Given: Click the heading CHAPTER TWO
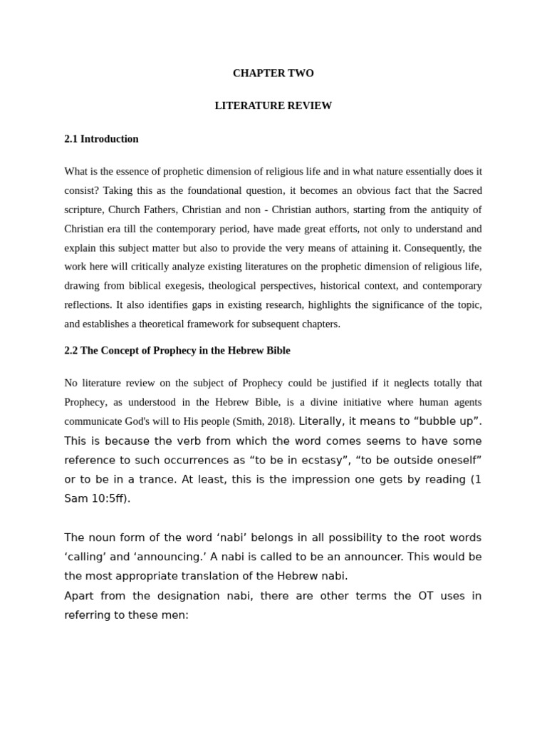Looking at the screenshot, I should (273, 73).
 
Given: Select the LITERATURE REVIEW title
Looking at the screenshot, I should (273, 106).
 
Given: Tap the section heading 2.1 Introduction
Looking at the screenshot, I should (101, 139).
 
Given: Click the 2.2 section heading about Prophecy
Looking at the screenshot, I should (177, 351).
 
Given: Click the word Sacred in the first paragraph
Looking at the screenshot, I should (467, 190).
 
